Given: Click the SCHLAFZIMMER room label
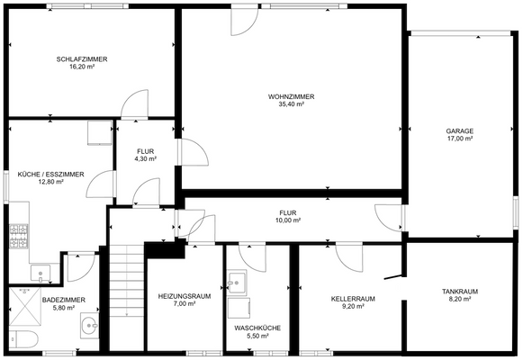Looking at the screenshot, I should (x=82, y=59).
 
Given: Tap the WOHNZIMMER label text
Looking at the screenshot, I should (x=291, y=96).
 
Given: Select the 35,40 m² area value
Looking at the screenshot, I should (x=291, y=104).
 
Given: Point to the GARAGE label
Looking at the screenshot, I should (x=459, y=131).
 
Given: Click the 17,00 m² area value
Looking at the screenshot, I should (x=459, y=139).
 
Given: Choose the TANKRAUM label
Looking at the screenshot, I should (x=459, y=292).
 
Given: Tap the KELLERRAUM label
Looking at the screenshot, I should (x=353, y=299).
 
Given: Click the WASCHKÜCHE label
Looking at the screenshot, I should (x=257, y=328).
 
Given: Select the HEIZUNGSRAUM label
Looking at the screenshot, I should (x=183, y=295).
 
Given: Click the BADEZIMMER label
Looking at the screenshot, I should (x=64, y=300).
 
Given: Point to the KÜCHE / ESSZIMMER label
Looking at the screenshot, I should (x=50, y=174).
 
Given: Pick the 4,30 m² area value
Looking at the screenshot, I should (x=146, y=158).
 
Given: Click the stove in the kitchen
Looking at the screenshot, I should (x=17, y=238).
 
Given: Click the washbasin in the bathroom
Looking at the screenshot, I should (x=87, y=326).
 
